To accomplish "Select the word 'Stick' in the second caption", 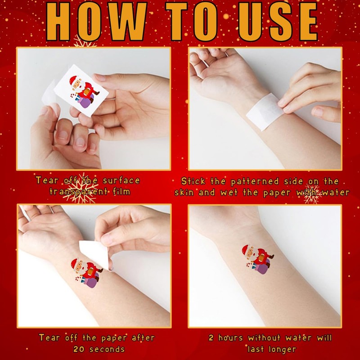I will tap(194, 181).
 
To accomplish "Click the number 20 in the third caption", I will tap(80, 349).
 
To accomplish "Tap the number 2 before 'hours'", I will tap(211, 337).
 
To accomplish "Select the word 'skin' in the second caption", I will tap(184, 192).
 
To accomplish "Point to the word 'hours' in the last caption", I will tap(231, 337).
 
